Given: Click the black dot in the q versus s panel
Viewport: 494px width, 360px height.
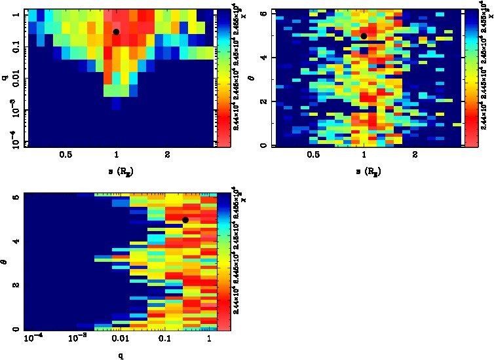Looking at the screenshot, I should pos(116,32).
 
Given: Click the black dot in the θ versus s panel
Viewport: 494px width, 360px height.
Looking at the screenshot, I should pos(364,36).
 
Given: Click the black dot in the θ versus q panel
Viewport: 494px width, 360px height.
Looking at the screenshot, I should pos(185,220).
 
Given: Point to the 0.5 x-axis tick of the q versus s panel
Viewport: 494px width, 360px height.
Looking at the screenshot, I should pos(66,154).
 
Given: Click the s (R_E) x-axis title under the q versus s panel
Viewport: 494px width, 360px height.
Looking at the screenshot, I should pos(117,172).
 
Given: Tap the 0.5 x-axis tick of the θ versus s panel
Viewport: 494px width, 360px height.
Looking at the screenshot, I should pos(313,154).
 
